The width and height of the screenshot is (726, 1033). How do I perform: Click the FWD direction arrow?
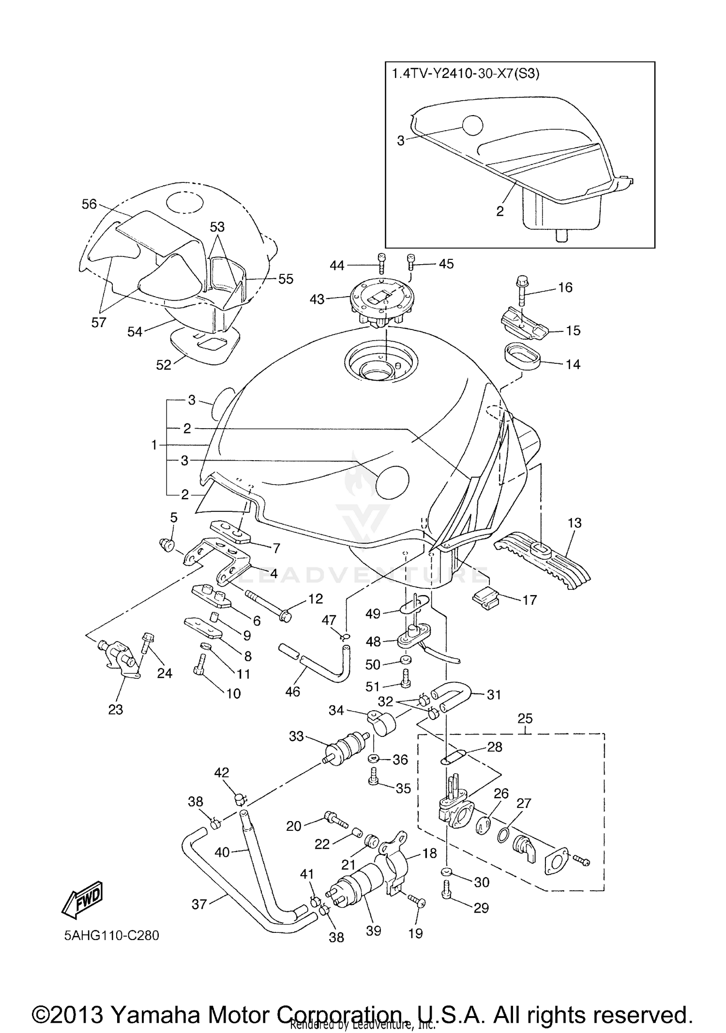tap(83, 901)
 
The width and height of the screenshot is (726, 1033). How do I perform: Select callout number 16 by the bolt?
tap(565, 287)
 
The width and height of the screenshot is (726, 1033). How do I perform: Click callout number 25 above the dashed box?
tap(525, 718)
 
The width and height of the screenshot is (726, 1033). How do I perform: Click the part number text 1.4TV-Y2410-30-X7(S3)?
tap(465, 74)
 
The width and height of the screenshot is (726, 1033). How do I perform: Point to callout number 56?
tap(90, 204)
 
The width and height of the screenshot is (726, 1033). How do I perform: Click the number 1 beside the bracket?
tap(154, 445)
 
